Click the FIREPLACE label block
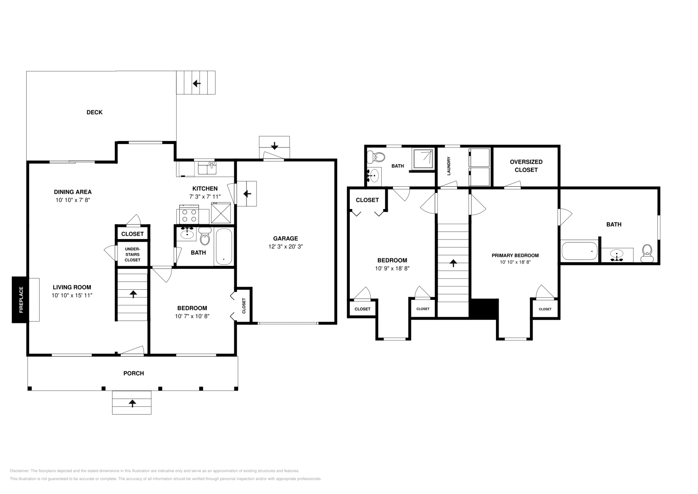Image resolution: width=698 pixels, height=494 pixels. click(x=20, y=300)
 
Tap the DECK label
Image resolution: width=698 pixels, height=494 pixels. click(x=94, y=112)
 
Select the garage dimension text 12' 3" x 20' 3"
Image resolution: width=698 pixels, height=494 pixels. click(x=285, y=246)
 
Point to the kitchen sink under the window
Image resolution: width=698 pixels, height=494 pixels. click(x=207, y=168)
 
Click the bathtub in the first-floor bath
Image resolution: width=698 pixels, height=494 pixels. click(x=224, y=247)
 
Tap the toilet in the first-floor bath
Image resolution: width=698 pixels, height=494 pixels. click(x=205, y=237)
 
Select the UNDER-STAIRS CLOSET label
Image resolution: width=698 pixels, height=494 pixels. click(x=132, y=254)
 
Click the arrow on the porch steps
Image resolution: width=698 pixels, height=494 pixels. click(x=132, y=403)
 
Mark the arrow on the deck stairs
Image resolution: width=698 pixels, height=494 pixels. click(x=196, y=83)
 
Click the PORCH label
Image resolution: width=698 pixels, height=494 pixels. click(x=133, y=373)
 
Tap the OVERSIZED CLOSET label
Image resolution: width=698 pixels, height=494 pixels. click(x=526, y=166)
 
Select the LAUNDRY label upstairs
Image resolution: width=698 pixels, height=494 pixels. click(x=448, y=166)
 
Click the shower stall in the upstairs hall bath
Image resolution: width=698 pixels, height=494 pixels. click(x=424, y=158)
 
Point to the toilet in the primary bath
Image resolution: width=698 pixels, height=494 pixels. click(x=647, y=253)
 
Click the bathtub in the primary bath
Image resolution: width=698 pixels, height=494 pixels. click(x=579, y=251)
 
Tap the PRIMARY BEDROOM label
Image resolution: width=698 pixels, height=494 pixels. click(x=515, y=255)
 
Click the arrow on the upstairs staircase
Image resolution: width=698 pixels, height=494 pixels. click(x=453, y=263)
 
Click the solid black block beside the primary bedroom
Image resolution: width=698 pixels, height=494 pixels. click(x=484, y=309)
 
